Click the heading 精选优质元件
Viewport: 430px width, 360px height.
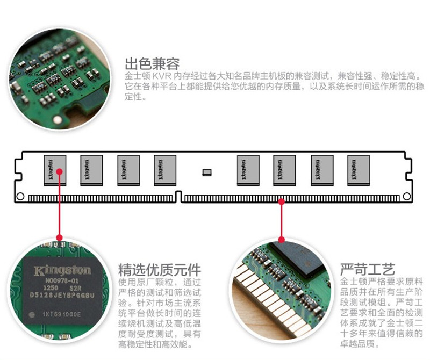[160, 269]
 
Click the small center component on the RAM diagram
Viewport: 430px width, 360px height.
[207, 172]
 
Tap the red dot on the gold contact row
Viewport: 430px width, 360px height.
[281, 200]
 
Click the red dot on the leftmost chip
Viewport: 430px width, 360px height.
[60, 172]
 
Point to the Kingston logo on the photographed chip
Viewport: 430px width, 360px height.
[62, 270]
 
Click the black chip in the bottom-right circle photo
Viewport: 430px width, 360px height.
[298, 261]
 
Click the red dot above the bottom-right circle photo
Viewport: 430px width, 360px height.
[281, 239]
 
